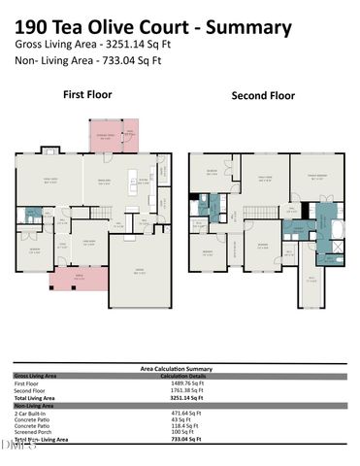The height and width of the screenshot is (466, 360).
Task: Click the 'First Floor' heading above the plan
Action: click(x=87, y=95)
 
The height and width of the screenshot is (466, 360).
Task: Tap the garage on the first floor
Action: click(x=142, y=273)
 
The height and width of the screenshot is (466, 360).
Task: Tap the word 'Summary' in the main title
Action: click(x=243, y=28)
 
